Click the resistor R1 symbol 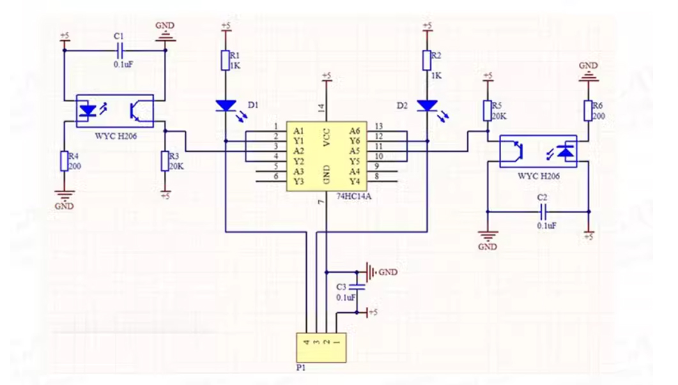click(x=226, y=60)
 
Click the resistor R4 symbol click(x=65, y=161)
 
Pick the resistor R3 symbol click(x=165, y=161)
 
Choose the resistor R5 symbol click(x=488, y=110)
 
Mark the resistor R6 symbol click(x=588, y=110)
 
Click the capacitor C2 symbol click(x=543, y=212)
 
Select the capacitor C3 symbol click(x=357, y=286)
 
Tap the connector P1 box click(x=321, y=348)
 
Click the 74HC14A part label click(x=354, y=197)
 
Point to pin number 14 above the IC click(x=321, y=108)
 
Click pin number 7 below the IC click(x=321, y=202)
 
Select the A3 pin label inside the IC click(x=298, y=172)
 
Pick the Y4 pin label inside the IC click(x=355, y=181)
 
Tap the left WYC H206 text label click(x=116, y=136)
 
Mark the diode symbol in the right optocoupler click(x=566, y=152)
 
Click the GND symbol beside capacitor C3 click(x=370, y=272)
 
